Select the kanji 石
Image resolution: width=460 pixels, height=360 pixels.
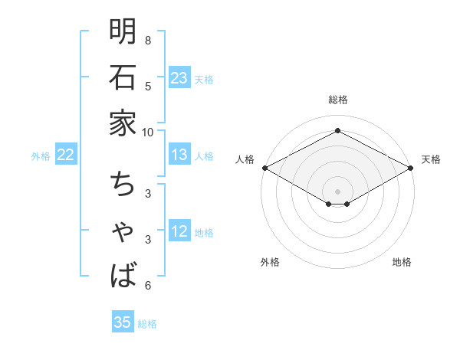[123, 77]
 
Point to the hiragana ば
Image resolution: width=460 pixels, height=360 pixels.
[123, 274]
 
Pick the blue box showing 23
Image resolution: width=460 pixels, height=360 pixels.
[179, 78]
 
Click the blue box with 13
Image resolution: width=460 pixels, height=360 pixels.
[179, 155]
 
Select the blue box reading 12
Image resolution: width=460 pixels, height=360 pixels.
[179, 233]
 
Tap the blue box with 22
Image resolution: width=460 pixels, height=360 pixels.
[66, 155]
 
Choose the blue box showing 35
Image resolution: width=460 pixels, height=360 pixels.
[123, 322]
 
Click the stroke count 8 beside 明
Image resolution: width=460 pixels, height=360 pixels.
[148, 40]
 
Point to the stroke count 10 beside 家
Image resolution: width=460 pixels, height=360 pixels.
[148, 132]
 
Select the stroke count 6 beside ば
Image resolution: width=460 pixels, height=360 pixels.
[148, 286]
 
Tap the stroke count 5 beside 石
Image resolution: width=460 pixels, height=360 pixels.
[148, 86]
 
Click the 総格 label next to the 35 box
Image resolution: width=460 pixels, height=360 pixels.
[148, 324]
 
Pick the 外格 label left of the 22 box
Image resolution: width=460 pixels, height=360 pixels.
[41, 156]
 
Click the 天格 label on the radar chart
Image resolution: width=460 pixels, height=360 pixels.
[431, 159]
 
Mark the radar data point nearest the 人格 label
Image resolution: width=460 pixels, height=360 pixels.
[264, 168]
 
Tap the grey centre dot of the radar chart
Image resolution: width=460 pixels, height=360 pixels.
[338, 191]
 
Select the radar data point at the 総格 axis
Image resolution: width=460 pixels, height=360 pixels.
[338, 131]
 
